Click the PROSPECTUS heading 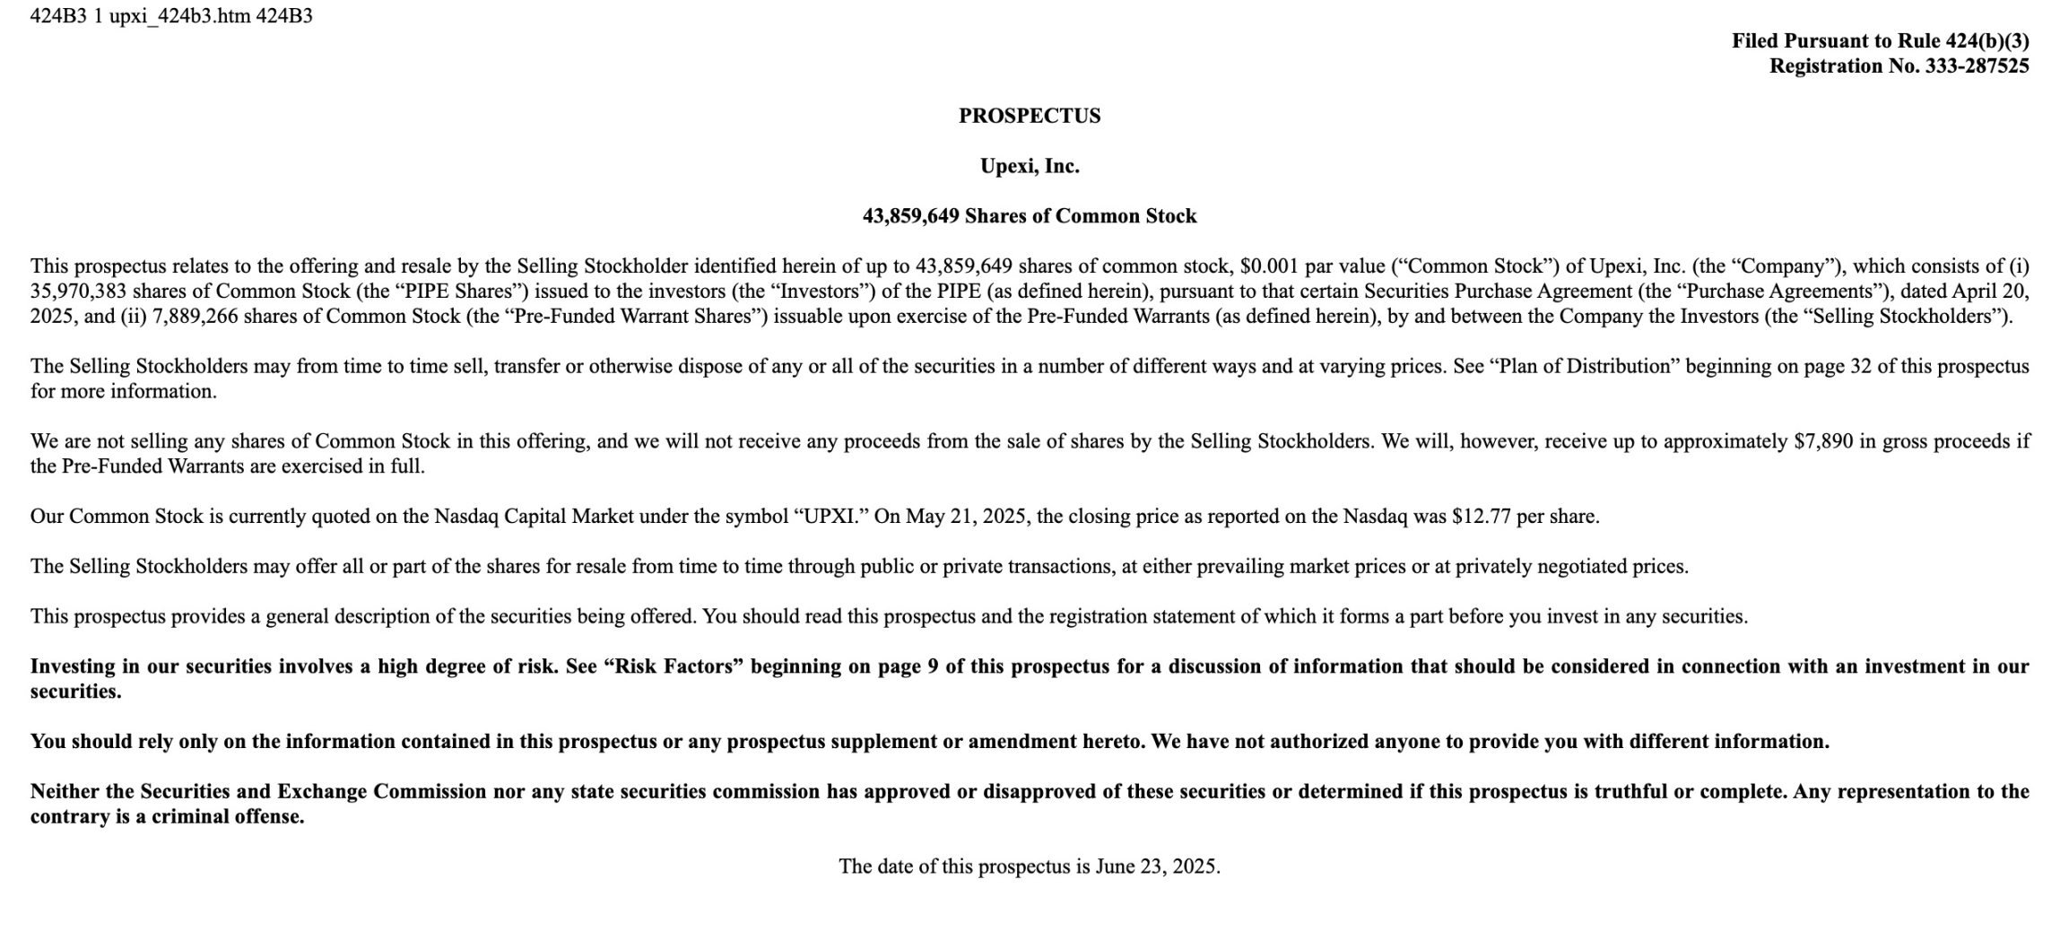(1029, 116)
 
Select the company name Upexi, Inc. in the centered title (1029, 166)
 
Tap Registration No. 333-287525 (1899, 65)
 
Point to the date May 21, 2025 (966, 516)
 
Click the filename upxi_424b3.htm (179, 16)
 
